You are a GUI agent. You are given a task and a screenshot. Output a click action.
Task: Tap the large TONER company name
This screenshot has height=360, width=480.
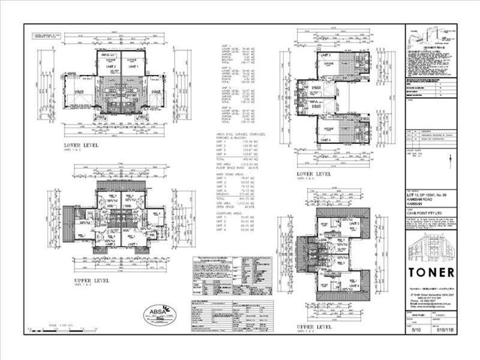431,272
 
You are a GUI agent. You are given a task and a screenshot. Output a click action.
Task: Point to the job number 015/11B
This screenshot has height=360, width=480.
443,330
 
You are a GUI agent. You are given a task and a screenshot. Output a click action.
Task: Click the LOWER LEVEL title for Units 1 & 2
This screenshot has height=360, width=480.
82,145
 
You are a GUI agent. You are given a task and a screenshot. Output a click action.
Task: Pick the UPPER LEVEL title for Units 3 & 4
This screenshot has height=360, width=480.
314,326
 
